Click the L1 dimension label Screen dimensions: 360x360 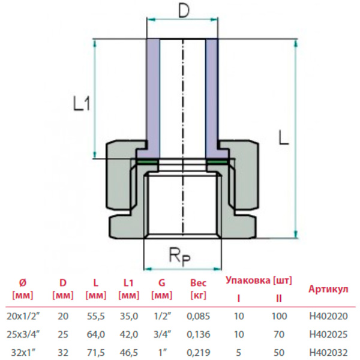coord(82,104)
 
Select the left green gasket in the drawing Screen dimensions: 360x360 coord(147,162)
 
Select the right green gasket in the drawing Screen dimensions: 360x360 coord(217,162)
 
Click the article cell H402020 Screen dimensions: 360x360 coord(328,314)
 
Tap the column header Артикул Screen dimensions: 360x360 coord(328,289)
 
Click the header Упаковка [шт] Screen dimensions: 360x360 coord(259,280)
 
